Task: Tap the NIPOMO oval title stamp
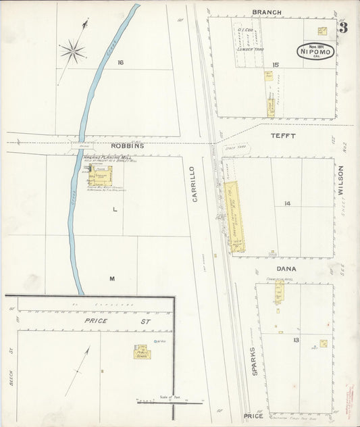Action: pyautogui.click(x=315, y=51)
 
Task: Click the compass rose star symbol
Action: pyautogui.click(x=72, y=51)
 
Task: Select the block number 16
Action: pyautogui.click(x=120, y=63)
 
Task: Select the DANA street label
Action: pyautogui.click(x=286, y=269)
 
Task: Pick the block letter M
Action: pyautogui.click(x=112, y=278)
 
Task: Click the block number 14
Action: pyautogui.click(x=287, y=203)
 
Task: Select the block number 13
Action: pyautogui.click(x=296, y=340)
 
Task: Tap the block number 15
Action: pyautogui.click(x=276, y=64)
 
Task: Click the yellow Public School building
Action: pyautogui.click(x=142, y=353)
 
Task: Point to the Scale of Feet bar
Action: pyautogui.click(x=170, y=403)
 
